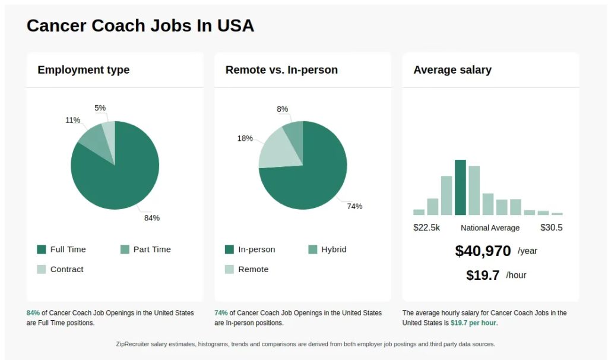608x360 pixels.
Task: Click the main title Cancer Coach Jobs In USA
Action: coord(140,26)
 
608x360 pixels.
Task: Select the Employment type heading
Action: coord(83,70)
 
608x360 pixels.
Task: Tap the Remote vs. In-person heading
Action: coord(281,70)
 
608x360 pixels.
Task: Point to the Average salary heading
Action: coord(452,70)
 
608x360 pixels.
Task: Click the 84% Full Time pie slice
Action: coord(122,175)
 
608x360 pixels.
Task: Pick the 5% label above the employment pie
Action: coord(100,108)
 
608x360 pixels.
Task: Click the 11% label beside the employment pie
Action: coord(72,120)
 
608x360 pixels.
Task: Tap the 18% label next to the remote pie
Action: coord(245,138)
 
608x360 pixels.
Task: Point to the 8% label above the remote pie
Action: coord(282,109)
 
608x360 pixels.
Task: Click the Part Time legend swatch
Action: coord(125,250)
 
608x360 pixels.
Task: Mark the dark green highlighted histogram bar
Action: coord(460,188)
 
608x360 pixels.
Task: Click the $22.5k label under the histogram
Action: coord(426,228)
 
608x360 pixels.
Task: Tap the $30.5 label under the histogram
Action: coord(551,228)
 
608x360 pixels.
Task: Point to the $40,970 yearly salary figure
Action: coord(483,251)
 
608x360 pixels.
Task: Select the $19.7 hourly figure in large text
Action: coord(483,275)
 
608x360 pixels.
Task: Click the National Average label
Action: coord(490,228)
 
